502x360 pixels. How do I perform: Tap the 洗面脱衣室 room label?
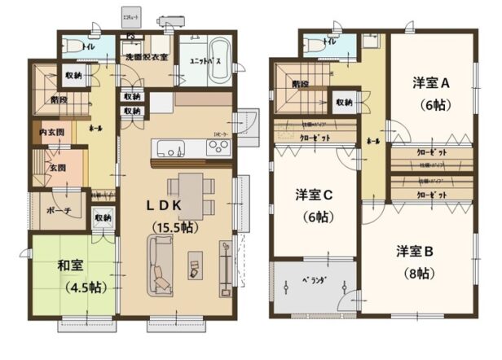pyautogui.click(x=147, y=57)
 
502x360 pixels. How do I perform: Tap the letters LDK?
pyautogui.click(x=163, y=206)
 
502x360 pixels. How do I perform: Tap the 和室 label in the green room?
pyautogui.click(x=70, y=265)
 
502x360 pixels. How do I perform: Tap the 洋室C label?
pyautogui.click(x=313, y=196)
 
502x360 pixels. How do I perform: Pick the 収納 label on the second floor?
pyautogui.click(x=343, y=103)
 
